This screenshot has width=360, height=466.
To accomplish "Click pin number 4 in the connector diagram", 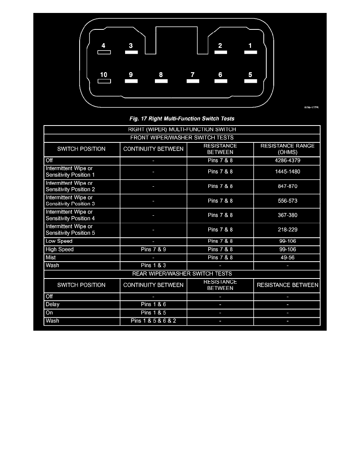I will click(x=104, y=46).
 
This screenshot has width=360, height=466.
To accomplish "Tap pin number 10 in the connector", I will click(x=104, y=75).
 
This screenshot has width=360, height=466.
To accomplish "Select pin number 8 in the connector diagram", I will click(x=161, y=75).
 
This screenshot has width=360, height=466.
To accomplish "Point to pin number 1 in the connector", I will click(x=250, y=46).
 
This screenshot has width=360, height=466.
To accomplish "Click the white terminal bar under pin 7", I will click(x=193, y=81).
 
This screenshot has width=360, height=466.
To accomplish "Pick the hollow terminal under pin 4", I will click(x=104, y=52).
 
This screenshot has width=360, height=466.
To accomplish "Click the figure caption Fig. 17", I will click(x=182, y=118).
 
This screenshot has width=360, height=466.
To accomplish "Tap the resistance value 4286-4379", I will click(x=287, y=160).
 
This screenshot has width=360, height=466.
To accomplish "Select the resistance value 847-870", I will click(x=287, y=186).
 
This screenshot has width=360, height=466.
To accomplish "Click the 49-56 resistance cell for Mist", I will click(x=287, y=258).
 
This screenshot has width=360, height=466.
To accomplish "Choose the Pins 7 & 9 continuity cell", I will click(x=153, y=249).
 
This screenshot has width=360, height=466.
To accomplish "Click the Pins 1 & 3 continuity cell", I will click(x=153, y=266).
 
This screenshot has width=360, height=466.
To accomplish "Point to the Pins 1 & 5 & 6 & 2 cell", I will click(x=153, y=321).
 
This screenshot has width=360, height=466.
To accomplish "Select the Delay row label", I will click(x=53, y=304).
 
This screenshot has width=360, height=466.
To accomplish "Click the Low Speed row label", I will click(x=59, y=241).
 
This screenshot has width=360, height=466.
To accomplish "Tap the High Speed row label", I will click(x=60, y=249).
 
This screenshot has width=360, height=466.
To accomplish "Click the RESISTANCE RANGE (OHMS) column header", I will click(x=287, y=149).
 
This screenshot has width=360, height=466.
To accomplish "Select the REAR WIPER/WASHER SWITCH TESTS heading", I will click(x=182, y=274).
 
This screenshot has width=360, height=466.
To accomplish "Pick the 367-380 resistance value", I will click(x=287, y=215).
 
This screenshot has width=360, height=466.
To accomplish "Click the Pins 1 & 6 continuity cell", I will click(x=153, y=304).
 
